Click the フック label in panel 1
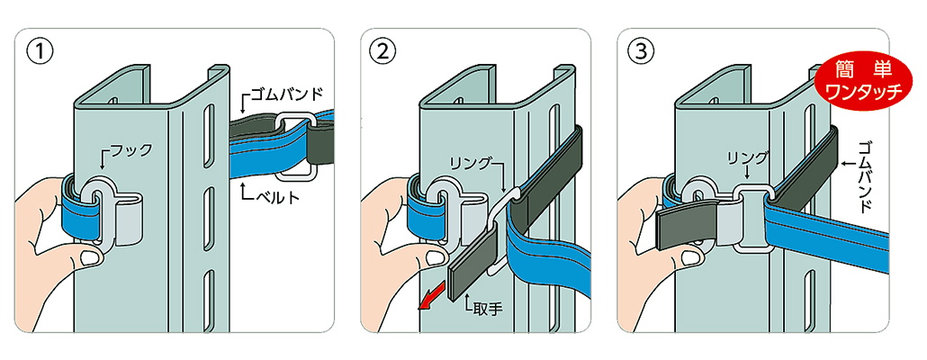click(x=130, y=150)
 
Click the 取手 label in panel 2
click(x=487, y=308)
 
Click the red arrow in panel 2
click(x=431, y=296)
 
